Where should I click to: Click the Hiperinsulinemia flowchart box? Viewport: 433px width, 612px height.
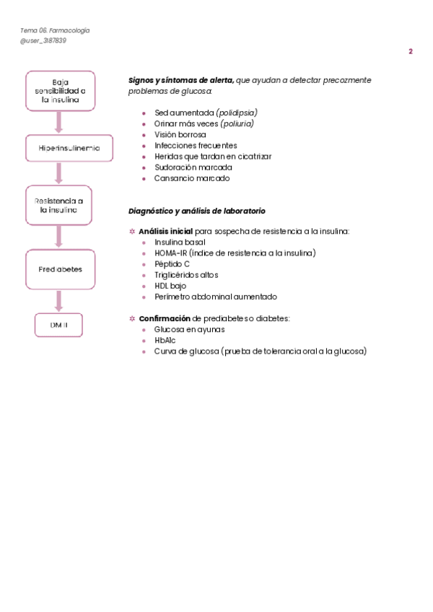[59, 149]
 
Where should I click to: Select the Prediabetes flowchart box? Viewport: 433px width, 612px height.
[59, 269]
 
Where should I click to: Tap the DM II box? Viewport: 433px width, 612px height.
[59, 325]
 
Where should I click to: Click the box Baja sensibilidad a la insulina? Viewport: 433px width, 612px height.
[59, 91]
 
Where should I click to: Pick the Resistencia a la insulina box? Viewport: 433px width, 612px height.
[59, 205]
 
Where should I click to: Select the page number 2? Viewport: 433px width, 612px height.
[411, 51]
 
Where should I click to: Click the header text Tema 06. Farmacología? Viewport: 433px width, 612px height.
[55, 30]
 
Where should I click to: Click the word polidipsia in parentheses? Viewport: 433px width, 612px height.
[237, 113]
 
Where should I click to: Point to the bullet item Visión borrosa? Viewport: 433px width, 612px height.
[180, 134]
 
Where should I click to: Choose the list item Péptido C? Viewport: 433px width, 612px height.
[172, 264]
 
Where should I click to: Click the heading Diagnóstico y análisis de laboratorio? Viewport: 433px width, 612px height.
[196, 211]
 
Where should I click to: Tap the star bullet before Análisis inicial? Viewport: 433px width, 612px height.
[131, 232]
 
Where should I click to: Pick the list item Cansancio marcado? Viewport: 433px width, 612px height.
[192, 178]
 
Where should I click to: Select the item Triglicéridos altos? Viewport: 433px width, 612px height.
[186, 275]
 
